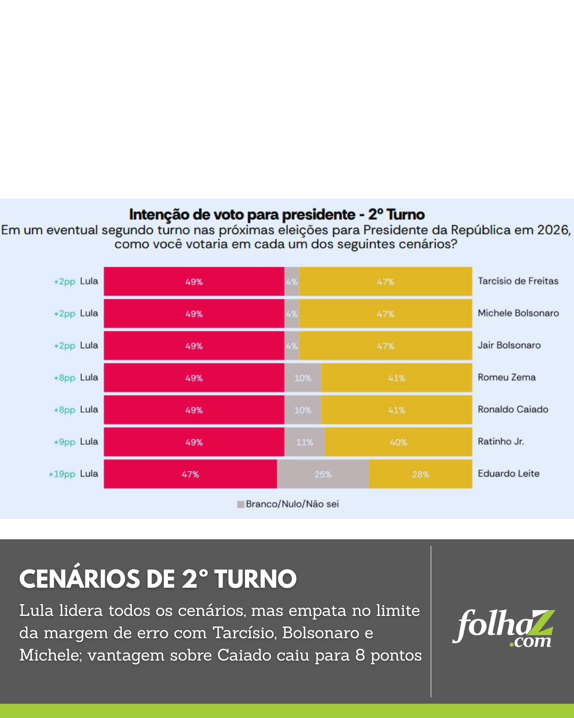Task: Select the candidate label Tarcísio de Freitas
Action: (x=518, y=281)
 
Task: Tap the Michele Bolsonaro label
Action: (x=518, y=313)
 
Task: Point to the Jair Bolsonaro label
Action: (x=509, y=345)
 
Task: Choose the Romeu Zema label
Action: (x=506, y=378)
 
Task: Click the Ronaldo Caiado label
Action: (x=512, y=410)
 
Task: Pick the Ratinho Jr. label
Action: (x=500, y=441)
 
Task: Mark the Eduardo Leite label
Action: (x=508, y=473)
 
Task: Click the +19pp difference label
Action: (x=62, y=474)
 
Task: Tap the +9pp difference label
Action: (x=64, y=442)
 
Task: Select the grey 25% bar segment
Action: (x=323, y=474)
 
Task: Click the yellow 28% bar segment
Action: (x=420, y=474)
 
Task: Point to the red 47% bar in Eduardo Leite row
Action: (x=190, y=474)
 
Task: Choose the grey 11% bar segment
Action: (x=305, y=442)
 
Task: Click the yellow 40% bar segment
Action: (x=398, y=442)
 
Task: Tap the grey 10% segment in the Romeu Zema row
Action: (x=302, y=378)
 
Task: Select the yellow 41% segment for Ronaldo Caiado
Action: (x=396, y=410)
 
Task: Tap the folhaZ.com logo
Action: (x=503, y=628)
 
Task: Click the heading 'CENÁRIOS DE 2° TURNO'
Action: (x=158, y=579)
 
